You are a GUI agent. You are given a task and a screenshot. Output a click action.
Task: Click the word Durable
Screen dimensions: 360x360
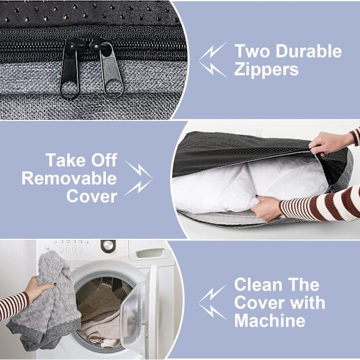point(308,51)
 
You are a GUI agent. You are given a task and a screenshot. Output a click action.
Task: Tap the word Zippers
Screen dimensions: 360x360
point(266,69)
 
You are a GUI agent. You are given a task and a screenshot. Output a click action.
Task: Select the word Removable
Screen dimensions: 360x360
point(69,178)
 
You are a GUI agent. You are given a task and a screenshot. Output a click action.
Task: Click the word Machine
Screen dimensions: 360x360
point(270,320)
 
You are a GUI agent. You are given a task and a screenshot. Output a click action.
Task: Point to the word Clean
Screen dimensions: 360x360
point(258,284)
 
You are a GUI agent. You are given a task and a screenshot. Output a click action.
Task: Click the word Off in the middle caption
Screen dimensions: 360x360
point(104,160)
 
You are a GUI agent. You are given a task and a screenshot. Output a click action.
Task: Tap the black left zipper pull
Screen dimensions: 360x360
point(70,68)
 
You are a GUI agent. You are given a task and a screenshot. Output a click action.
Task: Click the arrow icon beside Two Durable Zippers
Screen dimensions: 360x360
point(212,59)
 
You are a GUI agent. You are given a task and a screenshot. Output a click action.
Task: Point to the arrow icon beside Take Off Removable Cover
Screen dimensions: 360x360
point(139,178)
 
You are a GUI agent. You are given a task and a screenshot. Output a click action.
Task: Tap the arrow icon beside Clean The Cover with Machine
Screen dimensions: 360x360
point(212,302)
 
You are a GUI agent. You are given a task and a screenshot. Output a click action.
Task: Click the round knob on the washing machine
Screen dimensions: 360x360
point(108,246)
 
